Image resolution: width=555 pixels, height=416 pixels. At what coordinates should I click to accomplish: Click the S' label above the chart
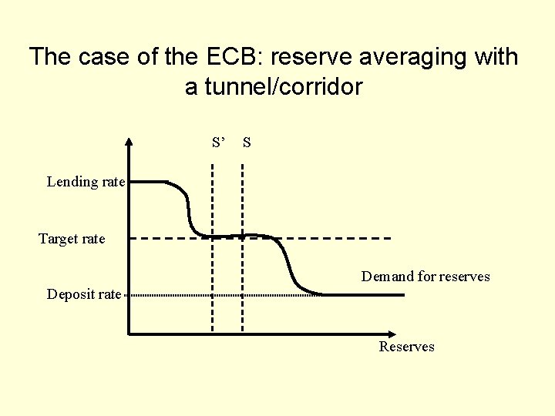pyautogui.click(x=219, y=143)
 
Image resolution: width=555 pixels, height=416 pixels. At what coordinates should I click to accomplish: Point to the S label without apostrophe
pyautogui.click(x=246, y=143)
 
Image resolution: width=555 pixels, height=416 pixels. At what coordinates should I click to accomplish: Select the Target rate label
pyautogui.click(x=72, y=239)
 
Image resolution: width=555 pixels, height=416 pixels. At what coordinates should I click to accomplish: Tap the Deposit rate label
pyautogui.click(x=83, y=294)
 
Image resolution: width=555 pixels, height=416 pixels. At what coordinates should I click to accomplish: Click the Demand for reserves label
pyautogui.click(x=425, y=277)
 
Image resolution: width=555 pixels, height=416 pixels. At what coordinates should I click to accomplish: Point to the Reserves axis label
pyautogui.click(x=406, y=347)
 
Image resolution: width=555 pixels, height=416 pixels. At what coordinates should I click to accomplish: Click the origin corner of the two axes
pyautogui.click(x=129, y=334)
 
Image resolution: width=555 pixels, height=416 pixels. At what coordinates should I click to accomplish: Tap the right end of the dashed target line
pyautogui.click(x=390, y=238)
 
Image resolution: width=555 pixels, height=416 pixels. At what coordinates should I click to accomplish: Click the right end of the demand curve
pyautogui.click(x=402, y=294)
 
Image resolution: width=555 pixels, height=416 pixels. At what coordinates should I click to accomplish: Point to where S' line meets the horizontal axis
pyautogui.click(x=214, y=334)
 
